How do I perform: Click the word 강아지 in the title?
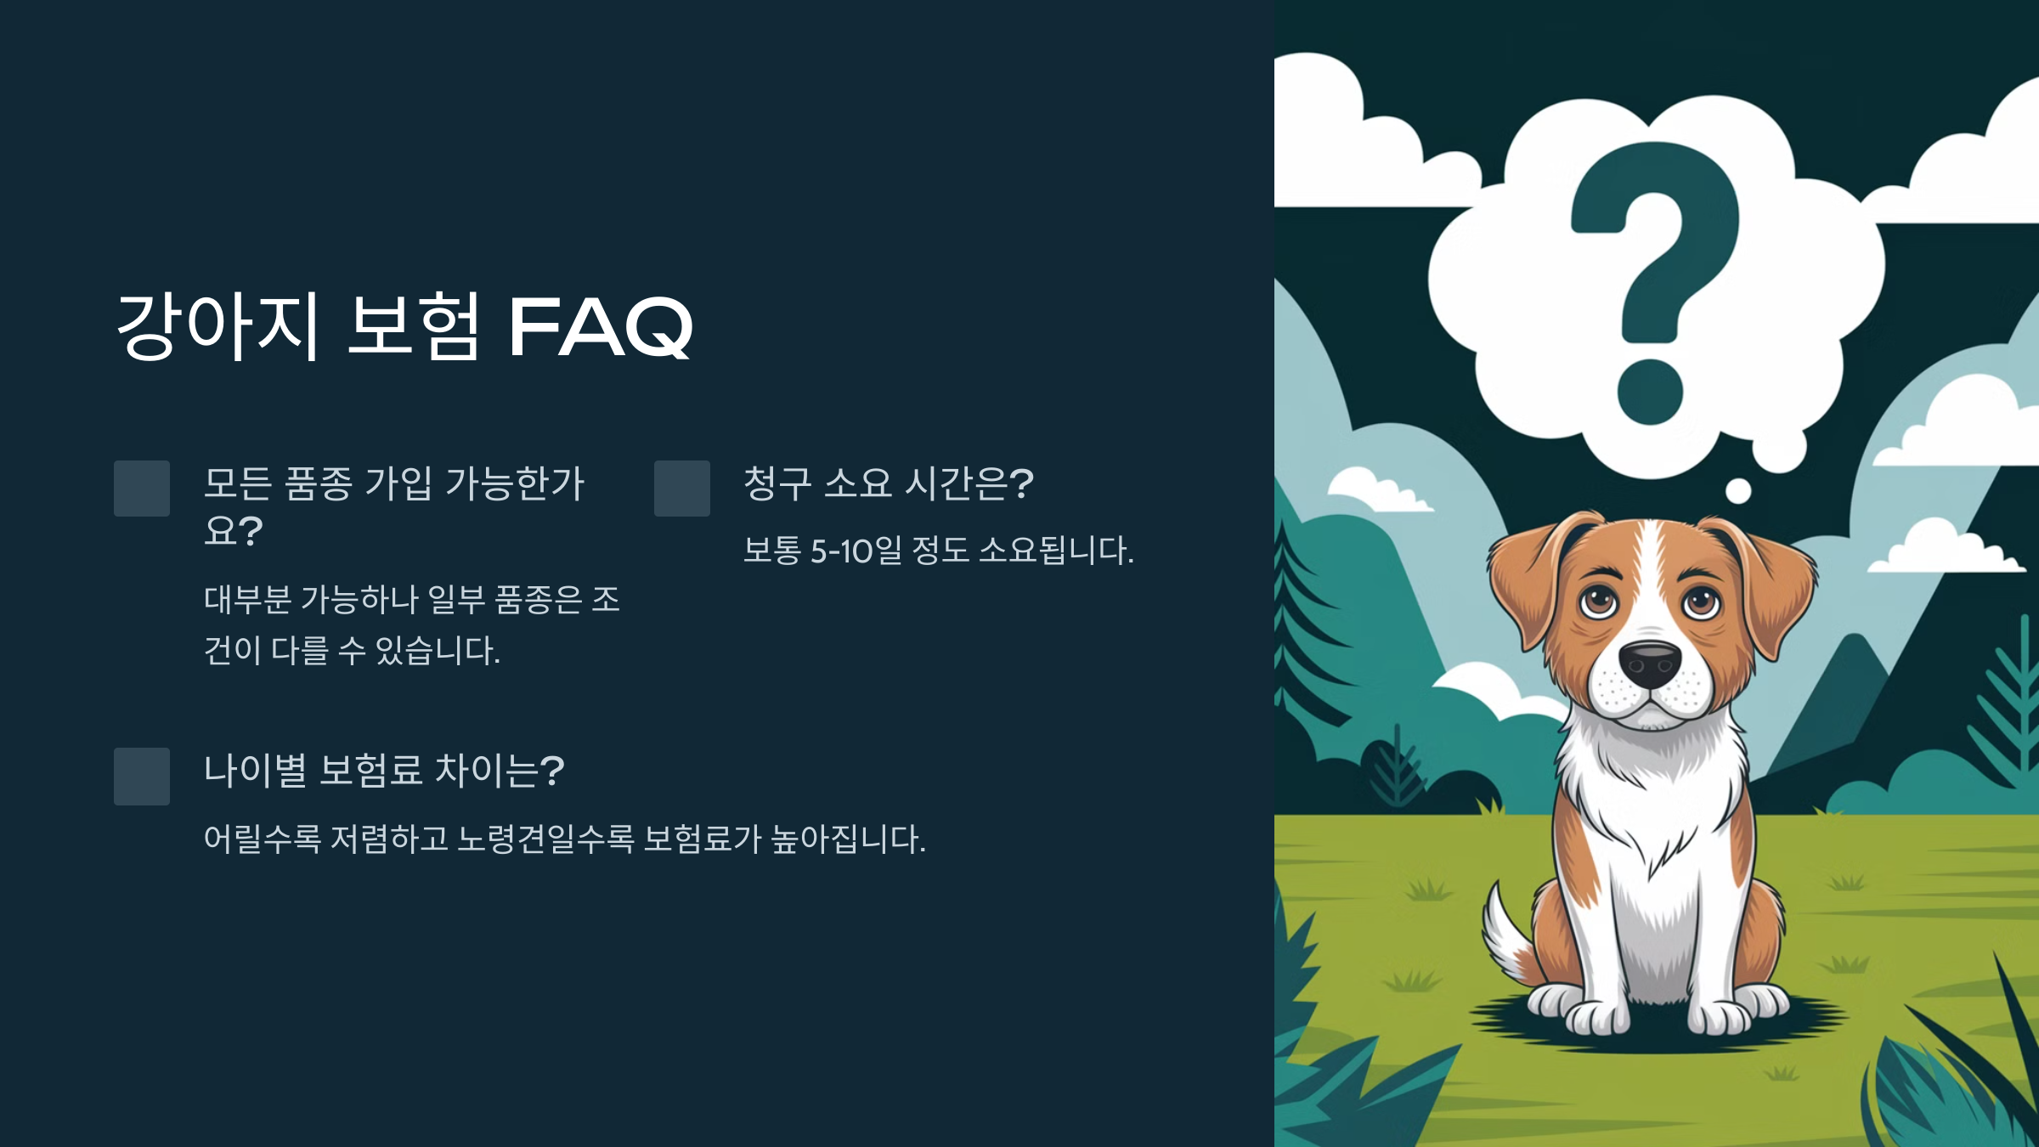point(217,326)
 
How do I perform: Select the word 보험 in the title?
point(414,326)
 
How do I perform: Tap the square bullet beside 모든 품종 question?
point(142,489)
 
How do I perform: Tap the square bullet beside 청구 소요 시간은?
point(682,489)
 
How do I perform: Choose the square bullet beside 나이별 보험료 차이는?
point(142,776)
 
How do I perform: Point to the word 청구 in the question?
point(777,483)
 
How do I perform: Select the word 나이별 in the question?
point(255,771)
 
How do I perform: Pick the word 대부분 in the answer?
point(247,600)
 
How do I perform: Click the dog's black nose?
point(1650,663)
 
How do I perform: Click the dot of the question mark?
point(1650,391)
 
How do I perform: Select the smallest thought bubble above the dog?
point(1738,491)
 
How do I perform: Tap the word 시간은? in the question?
point(969,483)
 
